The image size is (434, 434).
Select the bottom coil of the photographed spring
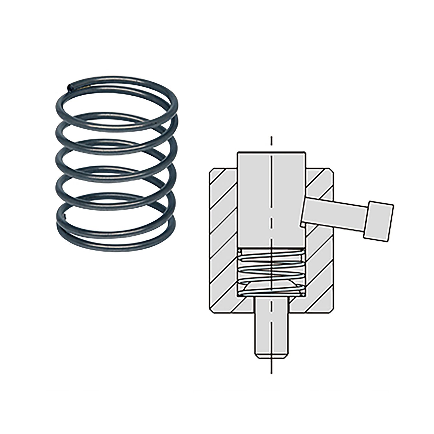pyautogui.click(x=116, y=247)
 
